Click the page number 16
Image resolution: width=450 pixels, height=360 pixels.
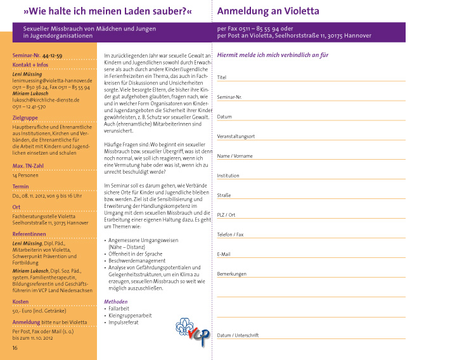click(15, 348)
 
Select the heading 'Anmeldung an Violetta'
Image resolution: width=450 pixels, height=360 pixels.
click(268, 11)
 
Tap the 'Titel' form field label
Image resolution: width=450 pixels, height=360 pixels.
click(222, 77)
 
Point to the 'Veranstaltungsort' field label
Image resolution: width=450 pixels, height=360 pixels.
click(236, 137)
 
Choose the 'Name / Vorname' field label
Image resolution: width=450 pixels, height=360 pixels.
click(235, 156)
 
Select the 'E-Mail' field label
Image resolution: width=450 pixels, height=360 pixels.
click(224, 254)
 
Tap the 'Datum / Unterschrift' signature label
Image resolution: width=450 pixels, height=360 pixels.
click(238, 335)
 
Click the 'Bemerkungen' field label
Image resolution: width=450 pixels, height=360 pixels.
click(231, 274)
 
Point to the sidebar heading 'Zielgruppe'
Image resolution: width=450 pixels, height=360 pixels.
click(25, 118)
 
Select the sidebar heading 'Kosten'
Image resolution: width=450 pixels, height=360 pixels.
click(20, 302)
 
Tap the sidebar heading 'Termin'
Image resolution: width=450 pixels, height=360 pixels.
click(21, 187)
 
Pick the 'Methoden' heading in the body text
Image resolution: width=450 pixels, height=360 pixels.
click(115, 302)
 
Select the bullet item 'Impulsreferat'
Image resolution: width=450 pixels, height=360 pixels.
click(124, 323)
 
